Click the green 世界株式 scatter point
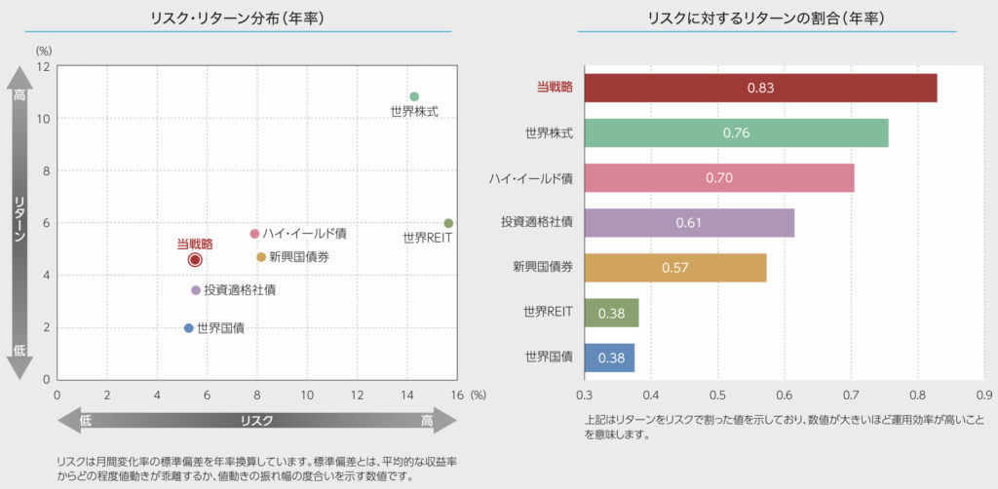pyautogui.click(x=414, y=96)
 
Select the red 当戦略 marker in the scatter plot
pyautogui.click(x=195, y=260)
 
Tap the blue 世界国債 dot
pyautogui.click(x=189, y=327)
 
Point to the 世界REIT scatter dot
pyautogui.click(x=448, y=223)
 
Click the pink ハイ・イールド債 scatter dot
pyautogui.click(x=254, y=234)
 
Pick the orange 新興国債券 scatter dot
pyautogui.click(x=261, y=257)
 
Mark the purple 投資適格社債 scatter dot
pyautogui.click(x=196, y=290)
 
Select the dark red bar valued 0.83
pyautogui.click(x=760, y=88)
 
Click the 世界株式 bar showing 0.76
pyautogui.click(x=736, y=132)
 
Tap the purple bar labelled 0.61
pyautogui.click(x=689, y=223)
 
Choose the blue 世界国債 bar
pyautogui.click(x=609, y=357)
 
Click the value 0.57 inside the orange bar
pyautogui.click(x=675, y=268)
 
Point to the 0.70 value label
pyautogui.click(x=718, y=178)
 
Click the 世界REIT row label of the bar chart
pyautogui.click(x=548, y=313)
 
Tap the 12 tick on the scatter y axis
pyautogui.click(x=44, y=66)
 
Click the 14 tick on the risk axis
pyautogui.click(x=408, y=395)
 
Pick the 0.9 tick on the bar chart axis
pyautogui.click(x=983, y=395)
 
